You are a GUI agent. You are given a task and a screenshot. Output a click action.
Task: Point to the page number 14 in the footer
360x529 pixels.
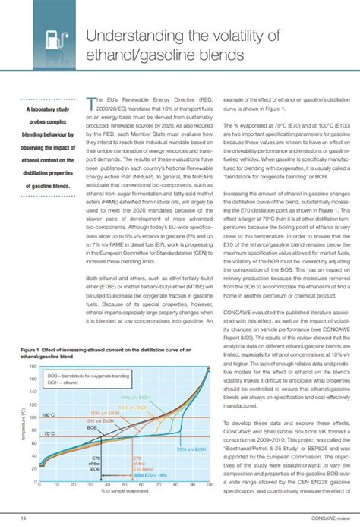[x=24, y=518]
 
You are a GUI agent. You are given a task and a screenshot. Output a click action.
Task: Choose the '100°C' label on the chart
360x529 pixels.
[x=48, y=416]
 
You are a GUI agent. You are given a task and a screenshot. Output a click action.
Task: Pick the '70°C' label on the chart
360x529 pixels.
[x=48, y=434]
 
